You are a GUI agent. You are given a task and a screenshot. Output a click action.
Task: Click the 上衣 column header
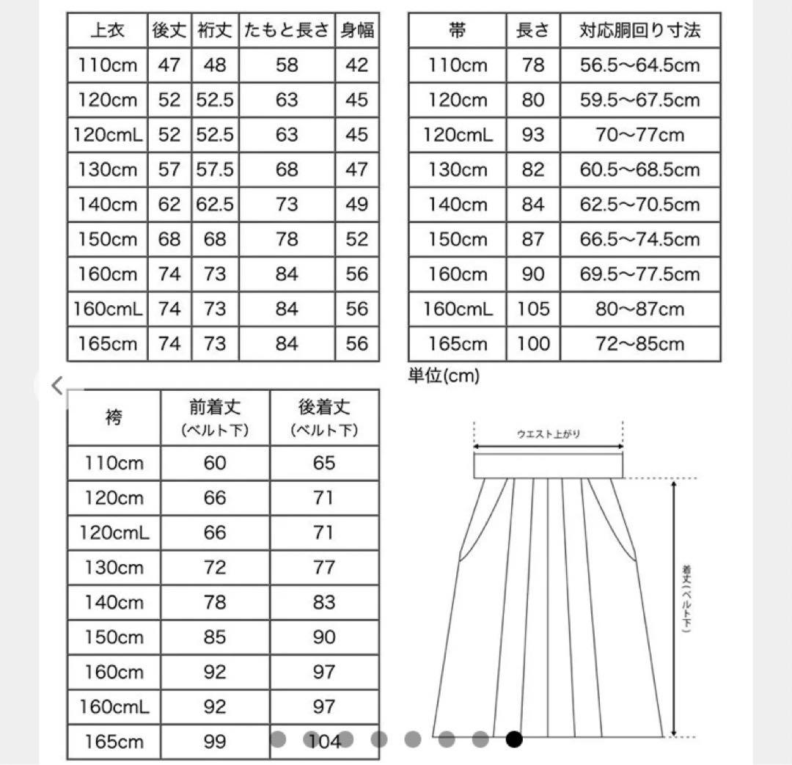point(107,31)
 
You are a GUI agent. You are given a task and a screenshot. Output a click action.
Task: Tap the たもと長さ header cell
point(287,31)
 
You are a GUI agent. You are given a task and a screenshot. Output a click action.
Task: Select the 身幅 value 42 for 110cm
point(356,65)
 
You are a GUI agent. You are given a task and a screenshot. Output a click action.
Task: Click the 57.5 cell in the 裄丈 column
point(215,170)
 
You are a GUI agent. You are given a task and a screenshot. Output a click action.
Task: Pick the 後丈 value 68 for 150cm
point(169,239)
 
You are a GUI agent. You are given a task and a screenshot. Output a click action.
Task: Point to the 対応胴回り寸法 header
point(639,31)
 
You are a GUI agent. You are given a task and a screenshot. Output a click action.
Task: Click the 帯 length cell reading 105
point(532,309)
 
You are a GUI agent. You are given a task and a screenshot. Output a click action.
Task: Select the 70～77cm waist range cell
point(639,135)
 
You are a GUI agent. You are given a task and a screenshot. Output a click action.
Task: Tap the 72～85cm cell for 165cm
point(639,343)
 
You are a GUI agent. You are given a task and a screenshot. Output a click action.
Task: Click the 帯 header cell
point(457,31)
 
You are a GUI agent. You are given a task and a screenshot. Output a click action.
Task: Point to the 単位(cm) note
point(443,376)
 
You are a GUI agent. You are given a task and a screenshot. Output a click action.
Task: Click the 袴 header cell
point(114,418)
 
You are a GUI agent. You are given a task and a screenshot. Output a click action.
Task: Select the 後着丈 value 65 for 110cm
point(323,463)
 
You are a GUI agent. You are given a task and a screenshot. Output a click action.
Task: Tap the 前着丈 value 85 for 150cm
point(215,637)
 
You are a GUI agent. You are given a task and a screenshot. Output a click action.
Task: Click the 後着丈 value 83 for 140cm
point(323,602)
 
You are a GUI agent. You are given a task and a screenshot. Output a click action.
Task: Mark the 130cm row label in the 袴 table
point(114,568)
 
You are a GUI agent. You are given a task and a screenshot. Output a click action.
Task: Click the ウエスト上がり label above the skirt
point(548,434)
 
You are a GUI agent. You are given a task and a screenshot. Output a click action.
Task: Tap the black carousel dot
point(514,739)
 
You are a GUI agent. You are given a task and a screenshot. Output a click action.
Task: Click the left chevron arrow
point(57,385)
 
